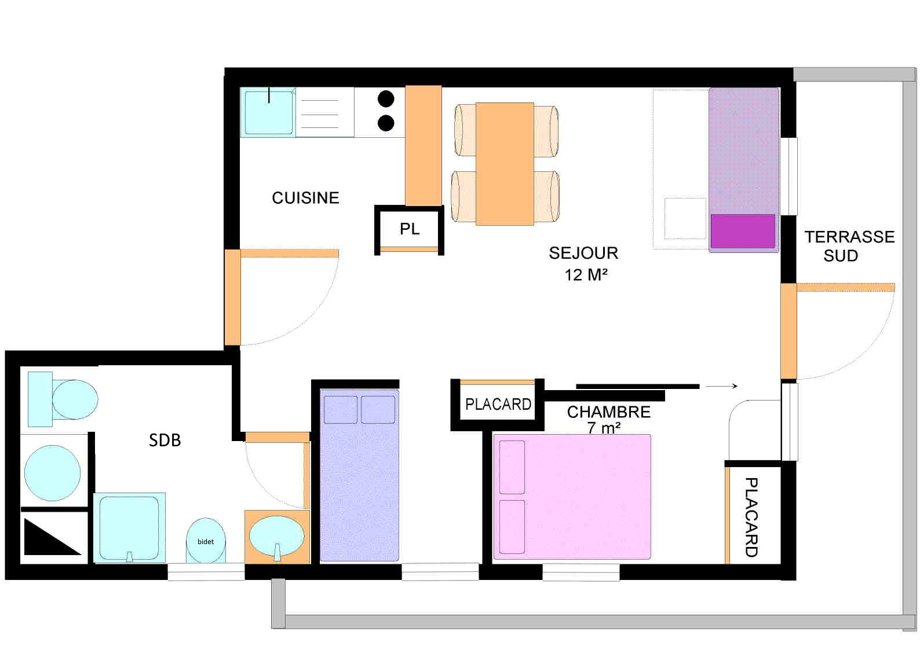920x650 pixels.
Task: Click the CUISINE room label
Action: [305, 198]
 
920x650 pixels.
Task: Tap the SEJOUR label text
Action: [583, 253]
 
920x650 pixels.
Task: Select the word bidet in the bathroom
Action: [206, 542]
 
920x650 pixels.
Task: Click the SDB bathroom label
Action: [165, 440]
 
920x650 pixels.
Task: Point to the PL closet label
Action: [410, 229]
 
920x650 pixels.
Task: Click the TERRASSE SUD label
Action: [849, 246]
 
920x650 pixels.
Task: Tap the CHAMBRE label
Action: [609, 412]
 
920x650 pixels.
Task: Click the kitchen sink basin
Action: [269, 113]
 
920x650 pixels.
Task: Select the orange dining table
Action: [505, 164]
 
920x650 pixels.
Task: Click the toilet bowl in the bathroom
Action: [75, 399]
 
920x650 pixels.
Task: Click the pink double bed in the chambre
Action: [572, 497]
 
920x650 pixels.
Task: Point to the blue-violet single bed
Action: [359, 475]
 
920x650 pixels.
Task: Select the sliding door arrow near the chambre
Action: [721, 386]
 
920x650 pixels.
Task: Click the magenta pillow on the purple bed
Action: [743, 231]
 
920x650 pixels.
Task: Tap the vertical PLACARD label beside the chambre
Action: [751, 517]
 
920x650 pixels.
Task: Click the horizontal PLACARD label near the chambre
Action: [498, 405]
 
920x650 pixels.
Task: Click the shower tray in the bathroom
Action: [129, 528]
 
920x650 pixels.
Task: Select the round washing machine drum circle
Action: [53, 473]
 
